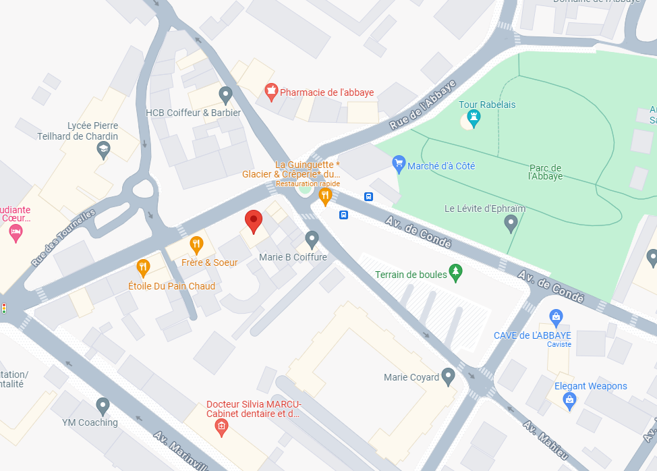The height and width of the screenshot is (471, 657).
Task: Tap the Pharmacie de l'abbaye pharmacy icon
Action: pyautogui.click(x=271, y=92)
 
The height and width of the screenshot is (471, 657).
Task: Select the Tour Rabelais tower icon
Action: pyautogui.click(x=474, y=119)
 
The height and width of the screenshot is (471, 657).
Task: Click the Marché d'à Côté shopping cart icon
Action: pyautogui.click(x=399, y=164)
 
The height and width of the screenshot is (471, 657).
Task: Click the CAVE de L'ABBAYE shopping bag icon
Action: pyautogui.click(x=556, y=316)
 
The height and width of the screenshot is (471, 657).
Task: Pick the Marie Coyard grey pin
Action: pyautogui.click(x=449, y=377)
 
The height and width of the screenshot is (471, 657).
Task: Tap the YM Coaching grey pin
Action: pyautogui.click(x=103, y=406)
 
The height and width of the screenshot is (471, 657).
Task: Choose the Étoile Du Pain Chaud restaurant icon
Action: pyautogui.click(x=143, y=268)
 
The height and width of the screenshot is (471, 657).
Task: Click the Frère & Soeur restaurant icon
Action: pyautogui.click(x=196, y=244)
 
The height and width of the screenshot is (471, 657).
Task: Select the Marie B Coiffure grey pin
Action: pyautogui.click(x=312, y=238)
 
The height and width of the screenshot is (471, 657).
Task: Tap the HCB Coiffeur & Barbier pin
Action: pyautogui.click(x=226, y=95)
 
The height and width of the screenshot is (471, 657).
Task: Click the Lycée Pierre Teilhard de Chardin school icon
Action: pyautogui.click(x=103, y=150)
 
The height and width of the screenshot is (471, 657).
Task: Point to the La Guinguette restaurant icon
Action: pyautogui.click(x=325, y=196)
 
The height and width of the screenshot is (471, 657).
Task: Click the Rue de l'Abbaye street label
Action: pyautogui.click(x=423, y=105)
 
